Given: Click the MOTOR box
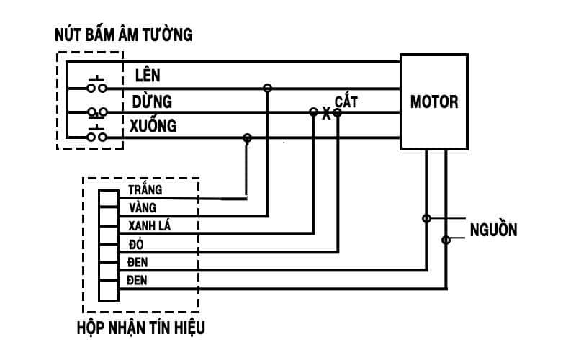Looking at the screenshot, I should point(434,102).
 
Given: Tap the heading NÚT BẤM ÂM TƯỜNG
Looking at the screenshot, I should point(124,34).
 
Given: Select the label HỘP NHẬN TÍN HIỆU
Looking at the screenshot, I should point(140,328).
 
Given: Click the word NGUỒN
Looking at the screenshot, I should point(493,230).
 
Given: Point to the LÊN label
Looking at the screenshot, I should point(148,75).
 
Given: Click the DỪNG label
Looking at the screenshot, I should point(151,101).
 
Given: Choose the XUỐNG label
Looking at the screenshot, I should point(153,126).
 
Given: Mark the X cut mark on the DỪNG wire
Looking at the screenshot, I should point(325,114).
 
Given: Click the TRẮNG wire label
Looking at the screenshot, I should point(145,190).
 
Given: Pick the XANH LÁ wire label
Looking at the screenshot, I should point(149,226).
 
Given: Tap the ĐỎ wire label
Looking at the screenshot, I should point(136,244).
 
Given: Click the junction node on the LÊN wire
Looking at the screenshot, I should point(267,88).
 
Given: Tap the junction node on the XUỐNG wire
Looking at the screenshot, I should point(248,137).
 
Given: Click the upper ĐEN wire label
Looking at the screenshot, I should point(138,262).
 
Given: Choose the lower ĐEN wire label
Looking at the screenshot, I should point(138,280).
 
